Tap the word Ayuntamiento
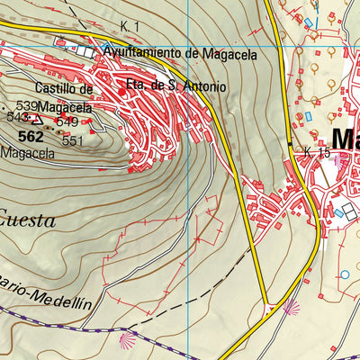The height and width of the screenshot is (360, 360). pos(142,53)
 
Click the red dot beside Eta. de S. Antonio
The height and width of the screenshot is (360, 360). pos(122,91)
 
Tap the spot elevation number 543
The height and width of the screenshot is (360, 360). pos(15,117)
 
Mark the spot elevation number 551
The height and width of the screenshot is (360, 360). pos(73,140)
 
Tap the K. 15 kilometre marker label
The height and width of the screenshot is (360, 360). pos(317,153)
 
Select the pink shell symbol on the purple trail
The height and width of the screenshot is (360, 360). pos(125,341)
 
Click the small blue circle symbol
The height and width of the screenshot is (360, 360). pos(343,274)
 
